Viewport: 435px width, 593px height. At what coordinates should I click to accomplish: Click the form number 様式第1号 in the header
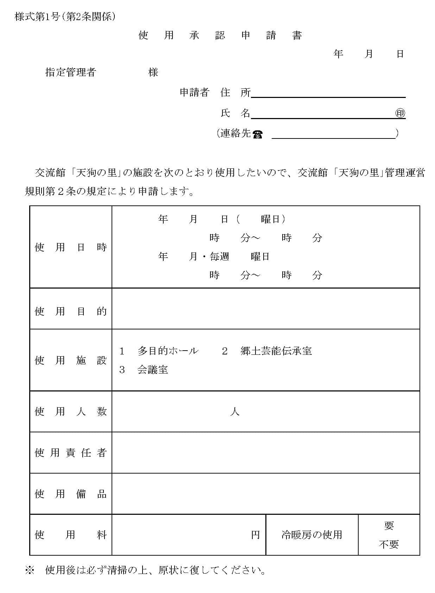[37, 17]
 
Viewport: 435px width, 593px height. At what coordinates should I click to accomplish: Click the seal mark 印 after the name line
[400, 113]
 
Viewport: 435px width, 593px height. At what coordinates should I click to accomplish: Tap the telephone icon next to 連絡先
[257, 134]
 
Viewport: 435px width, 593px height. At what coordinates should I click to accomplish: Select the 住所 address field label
[235, 93]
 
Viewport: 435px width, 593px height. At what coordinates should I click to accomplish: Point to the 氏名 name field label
[235, 113]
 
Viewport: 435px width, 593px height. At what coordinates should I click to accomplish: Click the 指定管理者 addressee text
[71, 72]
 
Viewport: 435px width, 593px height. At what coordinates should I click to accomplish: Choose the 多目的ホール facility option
[168, 351]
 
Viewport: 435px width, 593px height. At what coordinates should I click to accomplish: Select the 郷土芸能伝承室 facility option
[276, 351]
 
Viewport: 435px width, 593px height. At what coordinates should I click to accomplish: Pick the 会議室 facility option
[152, 370]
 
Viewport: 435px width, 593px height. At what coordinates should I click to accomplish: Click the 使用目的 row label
[71, 311]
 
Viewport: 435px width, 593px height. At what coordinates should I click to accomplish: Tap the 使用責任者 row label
[71, 453]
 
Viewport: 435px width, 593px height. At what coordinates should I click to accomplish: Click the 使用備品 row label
[71, 494]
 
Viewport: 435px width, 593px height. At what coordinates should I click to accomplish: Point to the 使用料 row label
[71, 535]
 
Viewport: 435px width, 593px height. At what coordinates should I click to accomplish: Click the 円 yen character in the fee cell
[256, 535]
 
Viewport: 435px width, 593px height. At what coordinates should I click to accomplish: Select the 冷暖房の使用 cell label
[312, 535]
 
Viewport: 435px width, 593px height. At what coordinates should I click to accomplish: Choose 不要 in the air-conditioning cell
[389, 544]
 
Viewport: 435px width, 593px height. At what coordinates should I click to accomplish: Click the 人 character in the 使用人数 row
[235, 412]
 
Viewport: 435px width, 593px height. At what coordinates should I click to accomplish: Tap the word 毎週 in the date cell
[219, 257]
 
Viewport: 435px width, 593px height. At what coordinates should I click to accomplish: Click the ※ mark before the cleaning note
[29, 570]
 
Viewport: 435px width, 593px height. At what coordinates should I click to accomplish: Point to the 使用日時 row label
[71, 247]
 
